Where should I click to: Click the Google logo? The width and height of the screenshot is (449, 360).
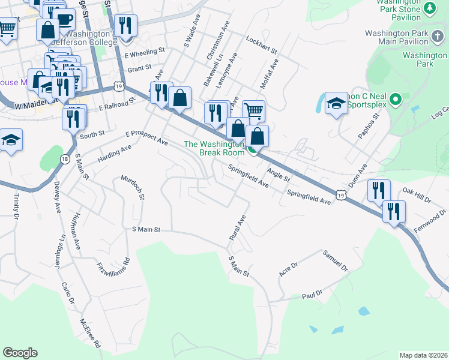(20, 353)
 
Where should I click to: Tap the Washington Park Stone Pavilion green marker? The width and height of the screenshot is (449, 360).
(430, 8)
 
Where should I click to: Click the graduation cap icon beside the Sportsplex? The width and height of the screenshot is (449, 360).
(336, 103)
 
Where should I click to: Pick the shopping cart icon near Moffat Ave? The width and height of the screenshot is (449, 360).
(253, 110)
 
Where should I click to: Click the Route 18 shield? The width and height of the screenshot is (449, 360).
(64, 158)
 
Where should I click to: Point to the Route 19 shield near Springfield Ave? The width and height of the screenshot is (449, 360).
(341, 195)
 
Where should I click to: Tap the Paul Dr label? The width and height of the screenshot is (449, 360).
(312, 295)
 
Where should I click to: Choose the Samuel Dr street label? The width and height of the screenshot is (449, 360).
(336, 260)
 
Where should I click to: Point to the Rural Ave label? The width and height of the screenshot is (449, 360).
(238, 229)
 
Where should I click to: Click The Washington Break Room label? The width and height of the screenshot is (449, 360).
(214, 148)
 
